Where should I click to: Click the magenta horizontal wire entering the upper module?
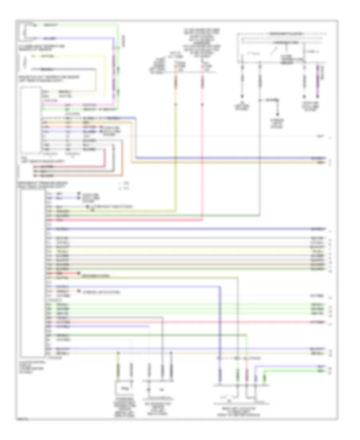(x=80, y=105)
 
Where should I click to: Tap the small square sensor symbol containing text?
(x=124, y=387)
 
